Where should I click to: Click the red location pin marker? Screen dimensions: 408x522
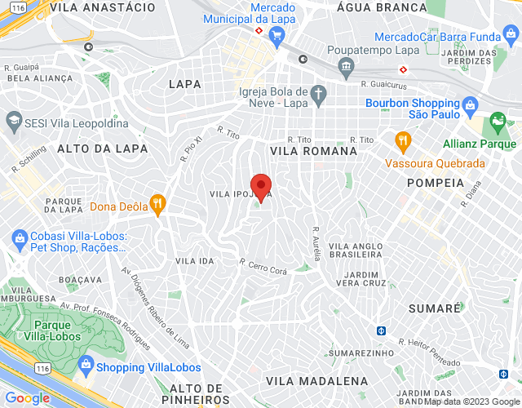point(260,187)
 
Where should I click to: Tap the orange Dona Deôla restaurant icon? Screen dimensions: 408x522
point(158,202)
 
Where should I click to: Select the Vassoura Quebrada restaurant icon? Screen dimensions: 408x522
point(402,141)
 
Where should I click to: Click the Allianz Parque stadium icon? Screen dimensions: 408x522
point(498,124)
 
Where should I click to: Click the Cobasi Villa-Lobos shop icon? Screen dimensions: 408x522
point(19,239)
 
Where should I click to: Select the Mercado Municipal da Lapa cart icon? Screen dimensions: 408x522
point(276,35)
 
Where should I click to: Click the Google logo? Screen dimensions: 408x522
point(28,398)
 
